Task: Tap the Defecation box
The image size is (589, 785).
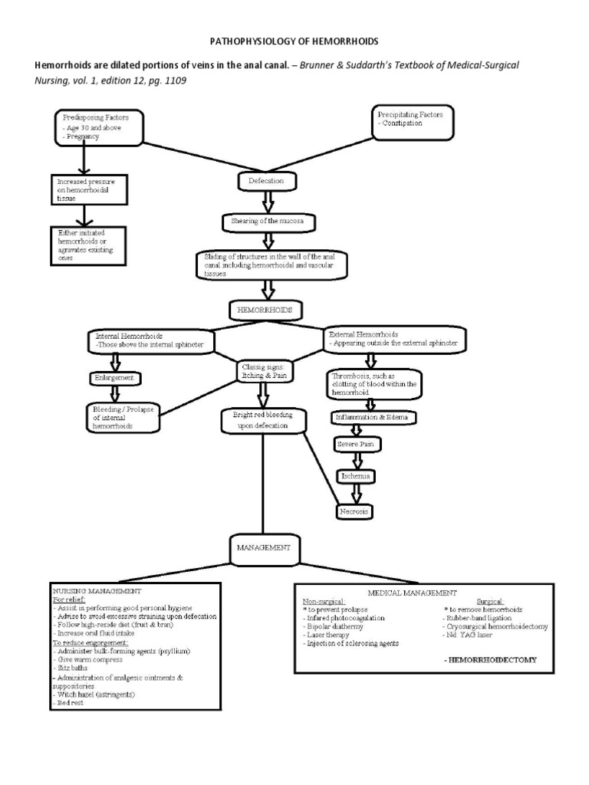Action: pyautogui.click(x=266, y=181)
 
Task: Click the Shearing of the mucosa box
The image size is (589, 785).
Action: pyautogui.click(x=268, y=222)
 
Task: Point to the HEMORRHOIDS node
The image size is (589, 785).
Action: pyautogui.click(x=265, y=310)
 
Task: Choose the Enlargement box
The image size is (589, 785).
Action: pyautogui.click(x=116, y=379)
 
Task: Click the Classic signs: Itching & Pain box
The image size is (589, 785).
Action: pyautogui.click(x=263, y=371)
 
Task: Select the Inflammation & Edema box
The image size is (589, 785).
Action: pyautogui.click(x=376, y=418)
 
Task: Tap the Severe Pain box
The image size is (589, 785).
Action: pyautogui.click(x=357, y=445)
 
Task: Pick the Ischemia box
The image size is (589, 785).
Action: pyautogui.click(x=357, y=476)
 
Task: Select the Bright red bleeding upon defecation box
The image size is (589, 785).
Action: pyautogui.click(x=262, y=420)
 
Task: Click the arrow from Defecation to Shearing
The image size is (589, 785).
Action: pyautogui.click(x=268, y=201)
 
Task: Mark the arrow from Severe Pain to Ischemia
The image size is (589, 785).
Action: pyautogui.click(x=357, y=460)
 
